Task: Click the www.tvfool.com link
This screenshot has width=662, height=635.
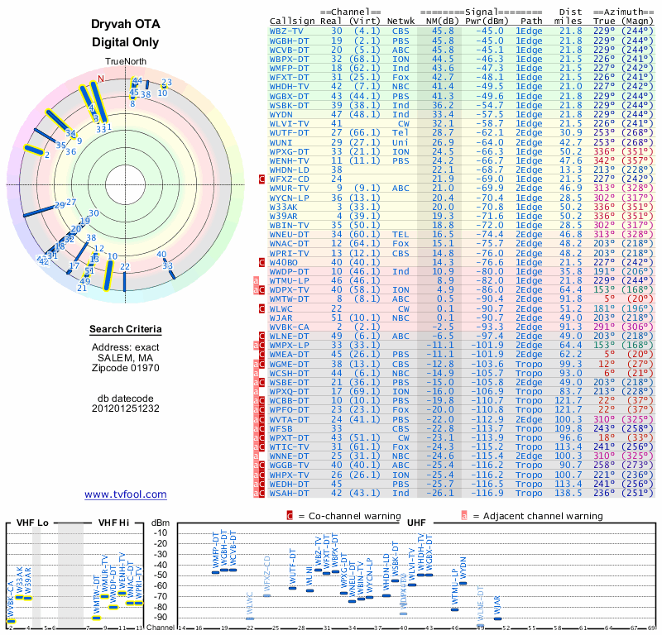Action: point(125,494)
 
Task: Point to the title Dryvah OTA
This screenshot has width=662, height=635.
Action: point(125,25)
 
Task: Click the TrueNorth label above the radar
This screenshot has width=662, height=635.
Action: point(125,63)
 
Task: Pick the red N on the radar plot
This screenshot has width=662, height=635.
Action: point(101,79)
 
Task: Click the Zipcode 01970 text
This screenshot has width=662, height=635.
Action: point(125,366)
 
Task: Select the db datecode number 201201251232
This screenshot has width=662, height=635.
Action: point(125,408)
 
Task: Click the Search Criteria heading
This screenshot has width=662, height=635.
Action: point(125,330)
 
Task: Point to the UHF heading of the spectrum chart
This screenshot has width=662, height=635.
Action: point(417,523)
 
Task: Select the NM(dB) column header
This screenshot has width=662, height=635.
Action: point(439,19)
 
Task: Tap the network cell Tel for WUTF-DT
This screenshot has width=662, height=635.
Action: point(400,132)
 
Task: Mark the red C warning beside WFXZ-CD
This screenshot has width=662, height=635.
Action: point(262,179)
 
